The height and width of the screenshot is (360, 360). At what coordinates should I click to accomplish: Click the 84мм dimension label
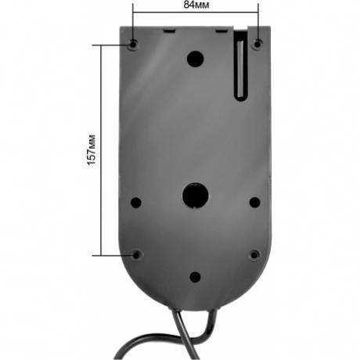pyautogui.click(x=196, y=5)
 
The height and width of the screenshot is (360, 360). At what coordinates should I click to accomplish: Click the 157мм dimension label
pyautogui.click(x=92, y=150)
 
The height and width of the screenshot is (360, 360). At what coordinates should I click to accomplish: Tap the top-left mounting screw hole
pyautogui.click(x=133, y=44)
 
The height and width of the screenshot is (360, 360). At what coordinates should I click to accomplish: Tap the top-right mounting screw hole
pyautogui.click(x=257, y=44)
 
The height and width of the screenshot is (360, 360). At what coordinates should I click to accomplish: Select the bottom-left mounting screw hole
pyautogui.click(x=136, y=255)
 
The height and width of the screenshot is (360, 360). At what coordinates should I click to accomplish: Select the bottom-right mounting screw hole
pyautogui.click(x=254, y=254)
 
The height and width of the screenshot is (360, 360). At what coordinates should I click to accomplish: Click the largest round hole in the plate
pyautogui.click(x=196, y=196)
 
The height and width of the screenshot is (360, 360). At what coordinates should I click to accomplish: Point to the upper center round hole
pyautogui.click(x=195, y=59)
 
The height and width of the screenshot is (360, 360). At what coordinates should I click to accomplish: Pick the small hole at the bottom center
pyautogui.click(x=195, y=277)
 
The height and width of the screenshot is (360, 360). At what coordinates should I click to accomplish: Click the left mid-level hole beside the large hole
pyautogui.click(x=136, y=203)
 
